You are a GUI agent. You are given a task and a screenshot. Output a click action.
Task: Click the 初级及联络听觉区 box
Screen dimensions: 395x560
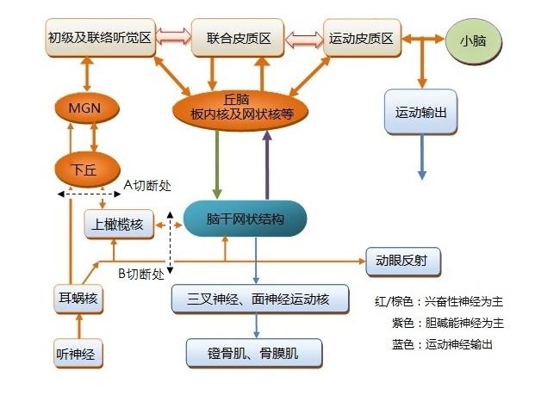tap(99, 39)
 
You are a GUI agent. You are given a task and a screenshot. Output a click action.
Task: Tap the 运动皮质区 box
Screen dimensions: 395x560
tap(362, 39)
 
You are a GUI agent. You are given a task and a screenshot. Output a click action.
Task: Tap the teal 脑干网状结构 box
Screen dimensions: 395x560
tap(246, 219)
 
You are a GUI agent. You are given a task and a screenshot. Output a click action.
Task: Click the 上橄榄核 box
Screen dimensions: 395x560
tap(120, 225)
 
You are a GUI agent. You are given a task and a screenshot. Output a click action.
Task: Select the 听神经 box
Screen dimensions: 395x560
tap(78, 353)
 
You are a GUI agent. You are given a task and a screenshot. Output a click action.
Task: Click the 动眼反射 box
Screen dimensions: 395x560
tap(402, 259)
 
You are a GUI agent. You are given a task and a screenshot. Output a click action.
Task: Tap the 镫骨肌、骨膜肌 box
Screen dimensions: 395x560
tap(253, 352)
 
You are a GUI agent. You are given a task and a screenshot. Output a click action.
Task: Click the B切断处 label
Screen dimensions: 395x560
tap(140, 275)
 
